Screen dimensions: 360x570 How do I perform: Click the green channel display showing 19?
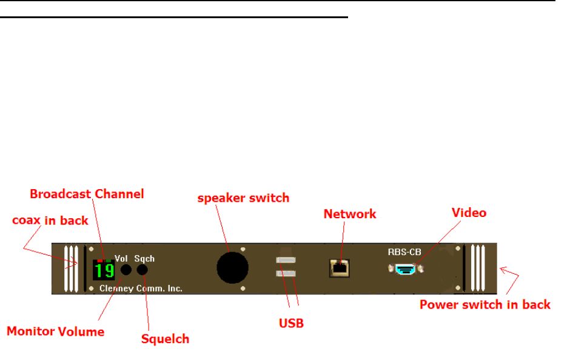pyautogui.click(x=104, y=270)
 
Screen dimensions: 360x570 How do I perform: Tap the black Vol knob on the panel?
pyautogui.click(x=126, y=270)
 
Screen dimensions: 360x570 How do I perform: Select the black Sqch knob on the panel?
pyautogui.click(x=142, y=270)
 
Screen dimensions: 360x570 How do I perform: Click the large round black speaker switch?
pyautogui.click(x=233, y=267)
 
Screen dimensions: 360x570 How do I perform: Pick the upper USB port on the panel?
pyautogui.click(x=286, y=261)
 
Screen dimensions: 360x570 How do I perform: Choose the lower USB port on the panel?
pyautogui.click(x=286, y=274)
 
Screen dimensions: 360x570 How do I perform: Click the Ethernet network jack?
pyautogui.click(x=339, y=267)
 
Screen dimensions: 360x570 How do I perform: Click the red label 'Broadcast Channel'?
pyautogui.click(x=87, y=194)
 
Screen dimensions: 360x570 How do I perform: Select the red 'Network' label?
pyautogui.click(x=350, y=214)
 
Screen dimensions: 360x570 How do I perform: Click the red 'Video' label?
pyautogui.click(x=469, y=213)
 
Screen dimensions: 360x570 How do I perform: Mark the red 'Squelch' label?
pyautogui.click(x=165, y=339)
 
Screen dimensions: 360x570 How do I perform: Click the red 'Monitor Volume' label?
pyautogui.click(x=55, y=331)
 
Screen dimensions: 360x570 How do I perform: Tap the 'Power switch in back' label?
pyautogui.click(x=485, y=304)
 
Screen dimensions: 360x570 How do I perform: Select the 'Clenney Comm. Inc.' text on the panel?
pyautogui.click(x=141, y=288)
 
